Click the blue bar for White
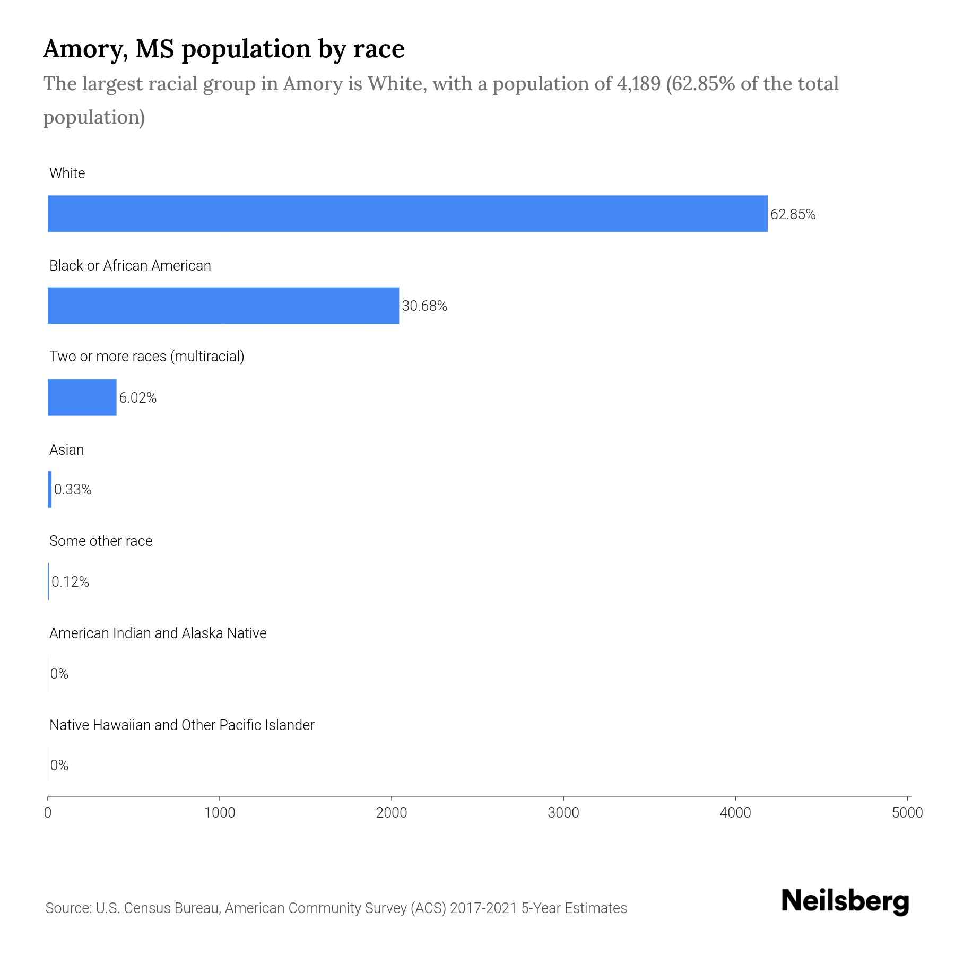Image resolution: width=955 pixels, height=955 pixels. [x=407, y=214]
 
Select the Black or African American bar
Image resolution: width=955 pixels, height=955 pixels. [x=223, y=306]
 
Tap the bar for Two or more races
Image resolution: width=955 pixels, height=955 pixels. [x=82, y=397]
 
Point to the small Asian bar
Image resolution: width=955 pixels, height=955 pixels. [x=50, y=489]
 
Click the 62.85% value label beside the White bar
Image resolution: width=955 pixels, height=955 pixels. [x=793, y=214]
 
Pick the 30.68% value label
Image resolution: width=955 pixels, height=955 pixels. [x=424, y=306]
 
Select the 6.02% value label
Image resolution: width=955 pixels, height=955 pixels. [x=137, y=398]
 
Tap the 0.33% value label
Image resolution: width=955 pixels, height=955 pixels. [x=73, y=490]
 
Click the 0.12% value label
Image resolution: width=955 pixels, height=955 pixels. [x=70, y=582]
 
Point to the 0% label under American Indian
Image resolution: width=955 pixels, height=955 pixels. [x=59, y=674]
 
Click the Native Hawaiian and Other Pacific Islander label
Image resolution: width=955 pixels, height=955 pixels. [x=181, y=725]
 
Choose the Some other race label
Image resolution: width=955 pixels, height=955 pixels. [x=101, y=541]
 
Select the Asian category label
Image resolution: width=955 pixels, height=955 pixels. [x=66, y=450]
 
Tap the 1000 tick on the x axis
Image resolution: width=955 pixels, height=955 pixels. [x=220, y=813]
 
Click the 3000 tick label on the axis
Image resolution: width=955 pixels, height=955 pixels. [x=563, y=813]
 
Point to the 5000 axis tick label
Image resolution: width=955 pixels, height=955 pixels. [x=907, y=813]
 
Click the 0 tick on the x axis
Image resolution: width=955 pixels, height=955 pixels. [x=48, y=813]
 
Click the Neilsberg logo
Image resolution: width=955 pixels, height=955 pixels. [x=845, y=901]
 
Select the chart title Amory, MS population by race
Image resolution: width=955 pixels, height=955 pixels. [x=223, y=49]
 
